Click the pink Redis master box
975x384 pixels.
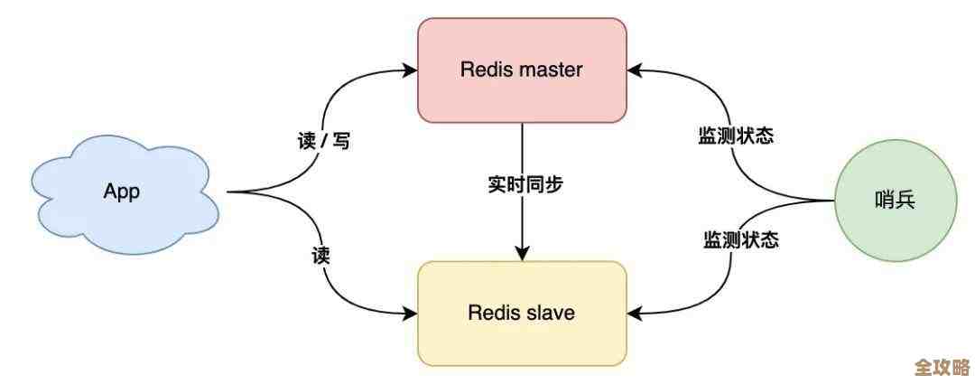pos(522,69)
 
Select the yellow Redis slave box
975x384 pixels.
pos(522,313)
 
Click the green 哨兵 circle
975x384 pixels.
pos(895,201)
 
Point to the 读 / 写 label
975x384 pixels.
pos(322,141)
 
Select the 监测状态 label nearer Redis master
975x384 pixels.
pos(736,136)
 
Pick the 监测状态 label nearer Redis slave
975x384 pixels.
pos(741,240)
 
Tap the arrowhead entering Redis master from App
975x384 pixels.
pos(411,70)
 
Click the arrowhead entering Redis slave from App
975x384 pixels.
pos(411,314)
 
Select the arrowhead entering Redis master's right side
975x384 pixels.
pos(635,70)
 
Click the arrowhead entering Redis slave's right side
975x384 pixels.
pos(635,314)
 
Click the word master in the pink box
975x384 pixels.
pos(552,70)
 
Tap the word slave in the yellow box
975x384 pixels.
pos(553,314)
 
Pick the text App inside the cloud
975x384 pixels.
pos(123,192)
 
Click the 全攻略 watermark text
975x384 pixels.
pos(941,368)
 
